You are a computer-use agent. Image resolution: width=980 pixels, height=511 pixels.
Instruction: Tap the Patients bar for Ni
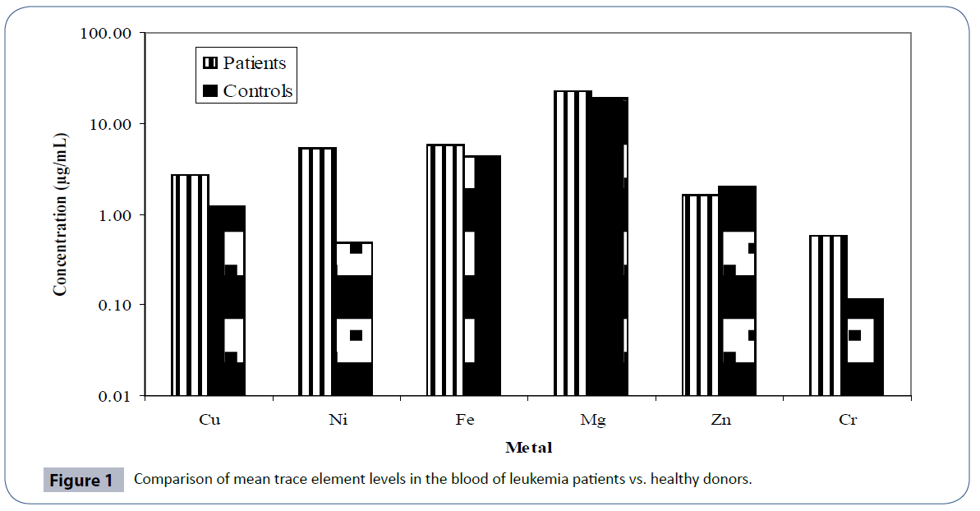(317, 271)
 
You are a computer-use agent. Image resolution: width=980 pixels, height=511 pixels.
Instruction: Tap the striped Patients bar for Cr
(828, 315)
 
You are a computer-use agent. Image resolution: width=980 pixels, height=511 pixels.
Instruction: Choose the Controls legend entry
(247, 90)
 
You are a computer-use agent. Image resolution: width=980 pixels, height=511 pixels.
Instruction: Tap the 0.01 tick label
(115, 397)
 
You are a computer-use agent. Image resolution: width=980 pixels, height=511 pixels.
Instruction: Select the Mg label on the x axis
(592, 420)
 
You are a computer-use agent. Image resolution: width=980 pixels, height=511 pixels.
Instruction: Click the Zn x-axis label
(720, 420)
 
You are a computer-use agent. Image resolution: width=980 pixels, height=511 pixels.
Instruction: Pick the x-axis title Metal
(528, 448)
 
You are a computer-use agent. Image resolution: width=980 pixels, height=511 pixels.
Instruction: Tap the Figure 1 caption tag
(82, 481)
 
